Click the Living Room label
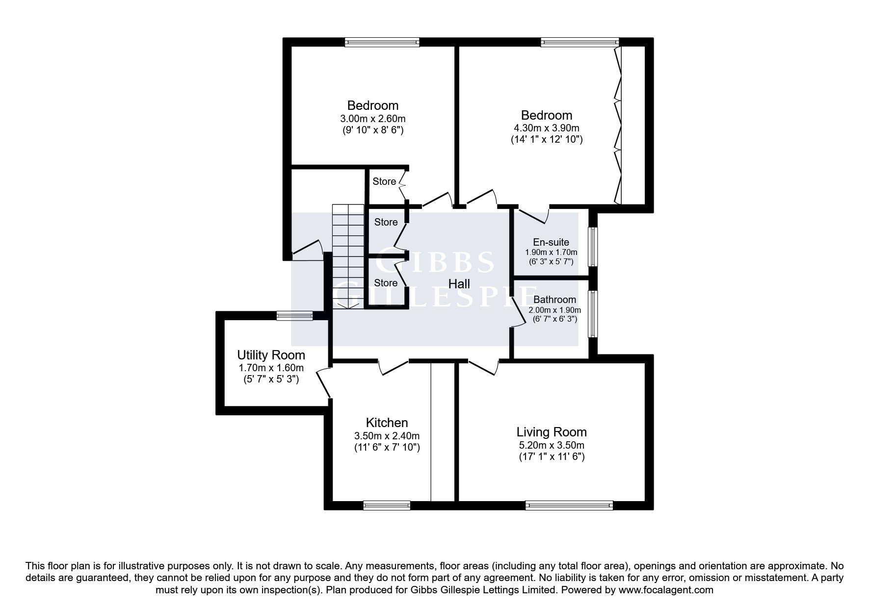(552, 432)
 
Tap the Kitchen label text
(387, 423)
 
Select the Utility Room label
(271, 355)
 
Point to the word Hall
(459, 283)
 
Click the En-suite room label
(551, 242)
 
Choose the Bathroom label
(554, 300)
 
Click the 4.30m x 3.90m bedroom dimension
(546, 128)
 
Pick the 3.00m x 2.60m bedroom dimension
(372, 119)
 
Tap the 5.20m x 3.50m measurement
(552, 445)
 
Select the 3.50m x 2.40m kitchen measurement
(387, 436)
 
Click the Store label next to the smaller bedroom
(384, 181)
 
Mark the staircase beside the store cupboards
(348, 256)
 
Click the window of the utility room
(294, 316)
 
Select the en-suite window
(593, 247)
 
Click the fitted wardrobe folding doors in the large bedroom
(617, 125)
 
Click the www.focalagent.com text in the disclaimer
(666, 590)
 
